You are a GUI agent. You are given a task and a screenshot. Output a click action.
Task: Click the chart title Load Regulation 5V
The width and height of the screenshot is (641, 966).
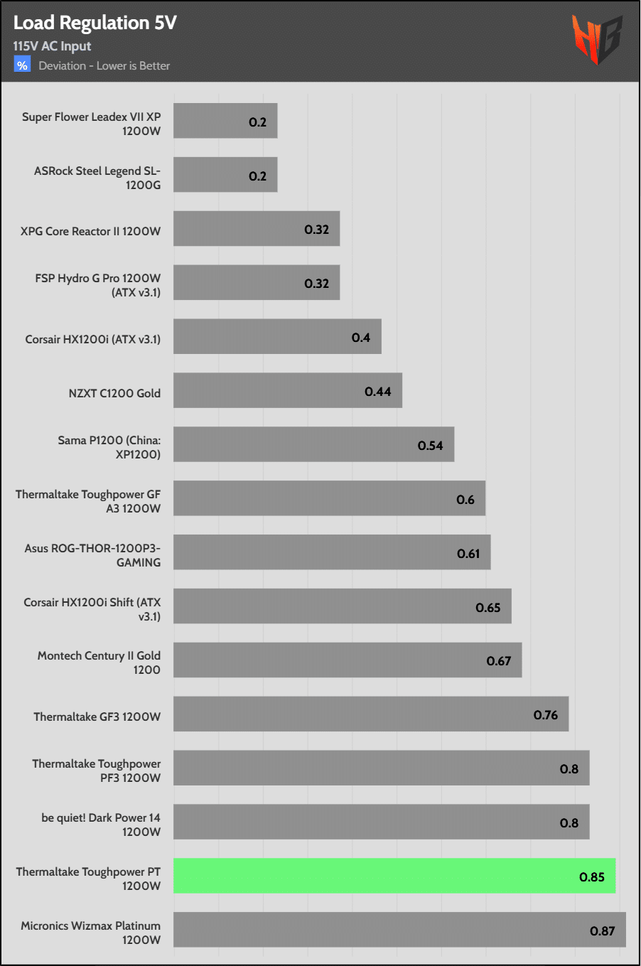[95, 23]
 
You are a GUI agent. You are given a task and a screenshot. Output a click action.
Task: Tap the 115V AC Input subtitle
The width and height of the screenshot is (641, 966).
[52, 46]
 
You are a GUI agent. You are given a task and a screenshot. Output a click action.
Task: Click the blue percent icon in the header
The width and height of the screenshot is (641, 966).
[22, 65]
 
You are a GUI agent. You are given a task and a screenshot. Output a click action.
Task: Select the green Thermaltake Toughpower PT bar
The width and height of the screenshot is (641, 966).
[394, 876]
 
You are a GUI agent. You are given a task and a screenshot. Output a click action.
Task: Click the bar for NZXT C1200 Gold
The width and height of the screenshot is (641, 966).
[288, 390]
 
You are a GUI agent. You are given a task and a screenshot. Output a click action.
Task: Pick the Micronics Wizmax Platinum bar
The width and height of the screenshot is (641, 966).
[399, 930]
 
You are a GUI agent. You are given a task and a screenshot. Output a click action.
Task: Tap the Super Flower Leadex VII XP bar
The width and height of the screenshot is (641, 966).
[225, 121]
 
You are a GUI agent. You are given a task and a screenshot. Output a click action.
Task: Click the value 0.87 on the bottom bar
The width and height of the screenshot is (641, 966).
[602, 931]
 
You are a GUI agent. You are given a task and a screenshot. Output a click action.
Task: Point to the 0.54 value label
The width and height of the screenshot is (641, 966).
[430, 446]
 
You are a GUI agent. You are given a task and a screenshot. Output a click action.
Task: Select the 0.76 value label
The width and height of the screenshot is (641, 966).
[546, 715]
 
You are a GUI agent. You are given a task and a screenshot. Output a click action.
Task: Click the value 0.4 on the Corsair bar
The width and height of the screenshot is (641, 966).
[360, 338]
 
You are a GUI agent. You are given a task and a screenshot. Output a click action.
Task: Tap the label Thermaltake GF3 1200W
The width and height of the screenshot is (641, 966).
[97, 717]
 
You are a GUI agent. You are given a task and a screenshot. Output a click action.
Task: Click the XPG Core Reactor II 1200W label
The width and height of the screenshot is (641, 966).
[91, 231]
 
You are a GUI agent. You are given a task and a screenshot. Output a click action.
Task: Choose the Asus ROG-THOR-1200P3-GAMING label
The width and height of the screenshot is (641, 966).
[92, 555]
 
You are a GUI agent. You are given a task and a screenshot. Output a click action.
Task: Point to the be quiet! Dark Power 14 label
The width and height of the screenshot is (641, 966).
[101, 825]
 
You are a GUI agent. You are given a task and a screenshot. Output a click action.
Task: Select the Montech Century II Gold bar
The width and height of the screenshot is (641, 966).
[348, 660]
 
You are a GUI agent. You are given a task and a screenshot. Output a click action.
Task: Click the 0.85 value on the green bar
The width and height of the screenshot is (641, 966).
[591, 877]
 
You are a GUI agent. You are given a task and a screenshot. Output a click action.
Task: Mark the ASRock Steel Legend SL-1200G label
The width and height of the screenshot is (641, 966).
[97, 178]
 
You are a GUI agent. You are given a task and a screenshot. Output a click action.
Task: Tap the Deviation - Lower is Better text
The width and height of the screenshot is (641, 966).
[104, 66]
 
